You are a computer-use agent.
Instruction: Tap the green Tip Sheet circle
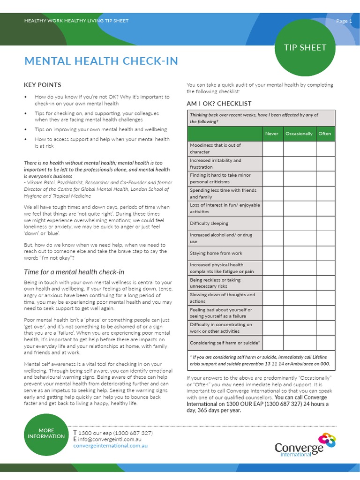pos(305,47)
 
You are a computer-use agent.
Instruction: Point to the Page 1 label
pos(344,21)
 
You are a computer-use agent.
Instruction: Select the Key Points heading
pos(43,85)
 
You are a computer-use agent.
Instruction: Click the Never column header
pos(272,134)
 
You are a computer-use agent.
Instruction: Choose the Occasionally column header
pos(299,134)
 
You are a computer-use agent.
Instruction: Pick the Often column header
pos(325,134)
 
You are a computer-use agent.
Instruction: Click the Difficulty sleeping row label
pos(209,224)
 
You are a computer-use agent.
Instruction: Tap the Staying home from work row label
pos(216,253)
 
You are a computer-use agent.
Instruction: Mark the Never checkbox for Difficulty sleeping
pos(273,224)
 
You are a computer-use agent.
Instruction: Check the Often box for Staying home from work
pos(325,253)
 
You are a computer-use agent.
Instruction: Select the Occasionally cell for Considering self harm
pos(300,343)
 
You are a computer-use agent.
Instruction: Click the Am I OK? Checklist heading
pos(219,104)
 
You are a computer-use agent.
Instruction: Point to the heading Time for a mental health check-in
pos(74,272)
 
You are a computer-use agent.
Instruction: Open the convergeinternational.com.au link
pos(110,446)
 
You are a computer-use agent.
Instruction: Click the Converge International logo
pos(305,444)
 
